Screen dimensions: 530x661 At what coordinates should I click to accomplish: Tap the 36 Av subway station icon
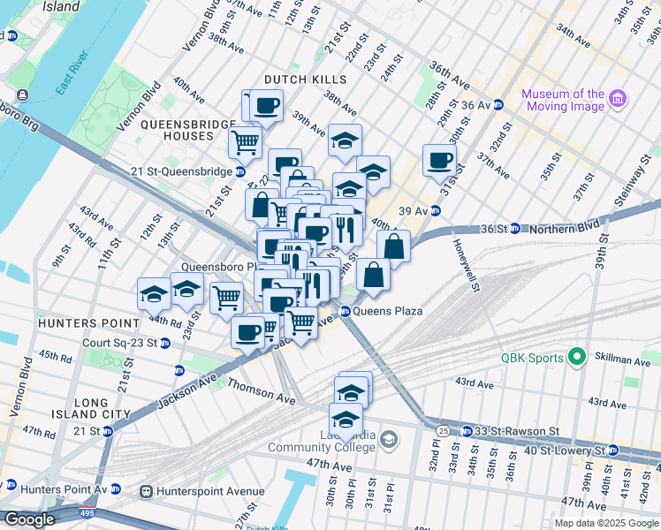click(x=498, y=104)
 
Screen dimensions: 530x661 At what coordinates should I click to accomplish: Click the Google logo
click(x=28, y=519)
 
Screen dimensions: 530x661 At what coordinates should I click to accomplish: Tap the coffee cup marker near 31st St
click(x=439, y=162)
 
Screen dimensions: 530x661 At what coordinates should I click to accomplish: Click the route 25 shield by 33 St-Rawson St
click(x=441, y=430)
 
